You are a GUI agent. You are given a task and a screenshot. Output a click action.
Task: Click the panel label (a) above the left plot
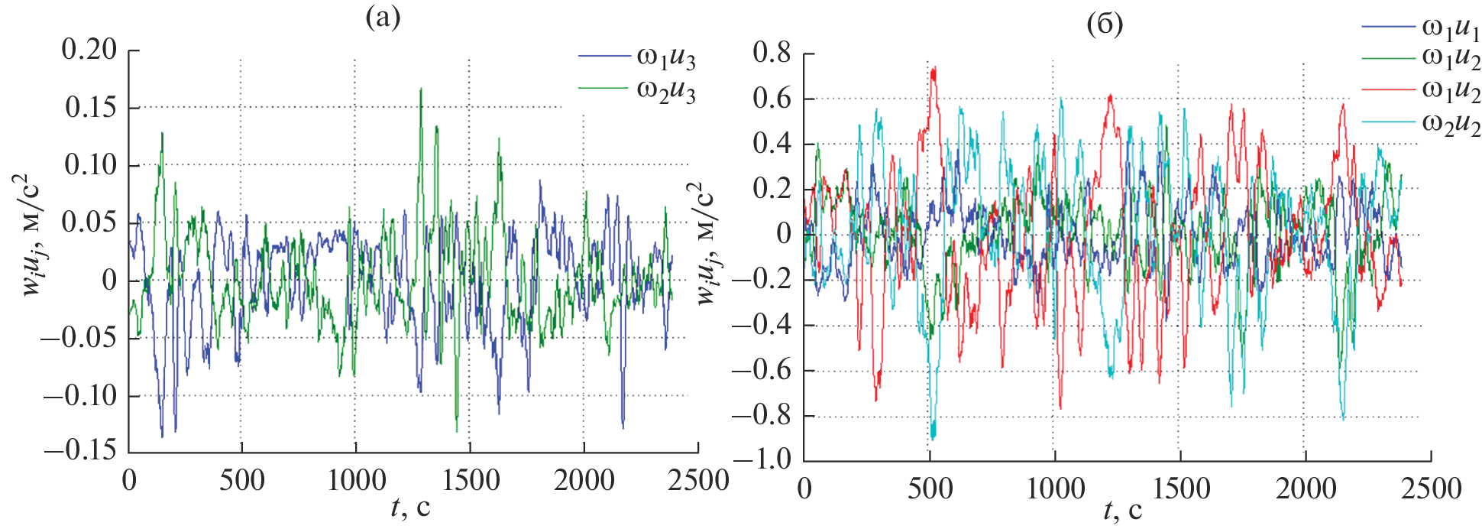click(x=382, y=18)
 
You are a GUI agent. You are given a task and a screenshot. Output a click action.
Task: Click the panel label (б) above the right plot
click(x=1105, y=24)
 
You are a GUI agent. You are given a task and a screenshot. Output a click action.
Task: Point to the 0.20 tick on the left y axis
click(x=89, y=50)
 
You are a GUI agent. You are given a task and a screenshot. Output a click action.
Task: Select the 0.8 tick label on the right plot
click(x=772, y=53)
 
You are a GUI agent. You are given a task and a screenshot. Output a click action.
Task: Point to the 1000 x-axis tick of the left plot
click(x=356, y=480)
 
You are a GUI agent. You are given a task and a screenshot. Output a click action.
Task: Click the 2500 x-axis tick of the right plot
click(x=1431, y=488)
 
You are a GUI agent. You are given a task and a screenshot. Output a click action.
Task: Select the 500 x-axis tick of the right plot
click(x=930, y=488)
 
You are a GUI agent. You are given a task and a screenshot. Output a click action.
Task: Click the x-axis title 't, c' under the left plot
click(x=409, y=507)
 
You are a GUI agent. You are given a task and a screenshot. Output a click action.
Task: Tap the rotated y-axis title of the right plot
click(x=707, y=243)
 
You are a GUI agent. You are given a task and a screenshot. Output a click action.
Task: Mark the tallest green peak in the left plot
click(x=420, y=89)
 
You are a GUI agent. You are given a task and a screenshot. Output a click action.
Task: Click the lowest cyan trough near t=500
click(x=933, y=437)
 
